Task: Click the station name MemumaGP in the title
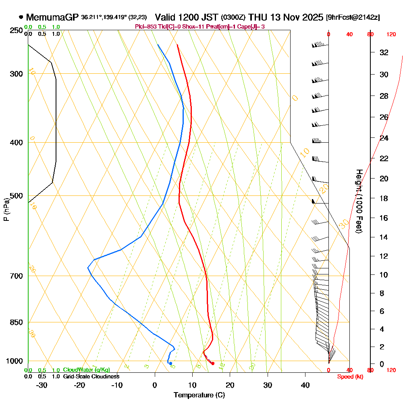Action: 52,17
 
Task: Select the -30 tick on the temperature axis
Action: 42,385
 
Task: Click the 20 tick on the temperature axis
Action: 230,385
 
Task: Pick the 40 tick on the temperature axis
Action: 305,385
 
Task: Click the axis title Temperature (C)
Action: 199,395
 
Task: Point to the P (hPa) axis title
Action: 6,209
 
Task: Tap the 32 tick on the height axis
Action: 384,52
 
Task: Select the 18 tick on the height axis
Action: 384,198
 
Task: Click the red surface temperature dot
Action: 213,364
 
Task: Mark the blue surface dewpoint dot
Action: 170,364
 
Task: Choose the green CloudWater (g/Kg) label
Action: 86,370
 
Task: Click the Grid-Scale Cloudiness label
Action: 91,376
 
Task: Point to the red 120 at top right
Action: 391,35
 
